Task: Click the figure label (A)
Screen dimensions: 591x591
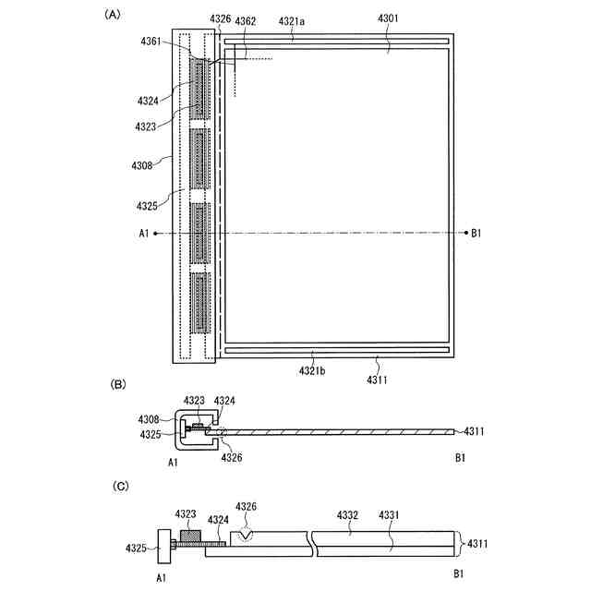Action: point(113,14)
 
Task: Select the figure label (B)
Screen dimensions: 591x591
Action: point(117,383)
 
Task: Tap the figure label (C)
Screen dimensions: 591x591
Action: point(117,485)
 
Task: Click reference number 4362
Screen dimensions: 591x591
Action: point(246,21)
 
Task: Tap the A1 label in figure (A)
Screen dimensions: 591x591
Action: point(144,234)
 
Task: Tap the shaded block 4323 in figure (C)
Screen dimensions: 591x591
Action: point(190,536)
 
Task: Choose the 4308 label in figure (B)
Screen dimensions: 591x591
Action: point(150,418)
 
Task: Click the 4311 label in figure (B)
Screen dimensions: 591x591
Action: point(476,430)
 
